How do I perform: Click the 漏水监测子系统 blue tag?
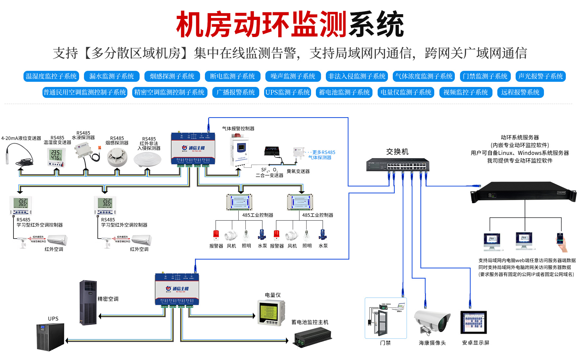[112, 76]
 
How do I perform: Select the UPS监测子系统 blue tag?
[288, 92]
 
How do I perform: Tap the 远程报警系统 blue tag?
[520, 92]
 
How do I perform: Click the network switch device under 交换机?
[398, 165]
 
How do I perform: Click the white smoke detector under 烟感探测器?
[117, 158]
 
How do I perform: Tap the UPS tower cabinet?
[50, 337]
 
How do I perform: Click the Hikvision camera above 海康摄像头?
[432, 321]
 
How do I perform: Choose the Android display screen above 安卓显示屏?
[473, 322]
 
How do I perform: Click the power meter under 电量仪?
[271, 312]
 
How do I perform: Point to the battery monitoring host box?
[313, 337]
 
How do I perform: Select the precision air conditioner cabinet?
[88, 302]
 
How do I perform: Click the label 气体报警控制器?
[238, 128]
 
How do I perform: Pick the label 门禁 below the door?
[385, 343]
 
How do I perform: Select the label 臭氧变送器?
[298, 171]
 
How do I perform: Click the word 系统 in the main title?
[376, 24]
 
